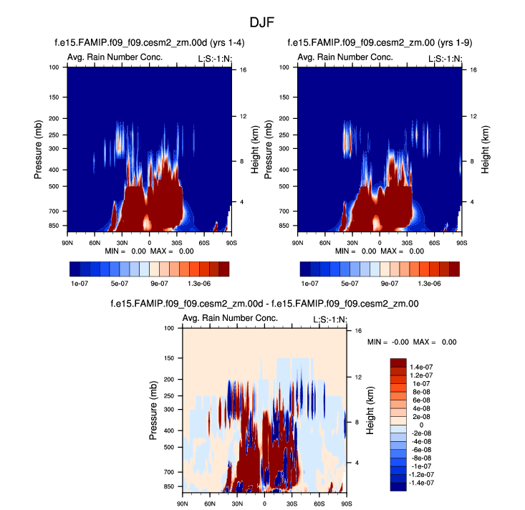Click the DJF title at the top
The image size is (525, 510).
pyautogui.click(x=262, y=23)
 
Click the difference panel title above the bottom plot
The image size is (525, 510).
pyautogui.click(x=264, y=304)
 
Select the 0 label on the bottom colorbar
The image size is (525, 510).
pyautogui.click(x=420, y=424)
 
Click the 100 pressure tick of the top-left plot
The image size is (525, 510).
pyautogui.click(x=53, y=67)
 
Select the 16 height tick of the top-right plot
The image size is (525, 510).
pyautogui.click(x=473, y=70)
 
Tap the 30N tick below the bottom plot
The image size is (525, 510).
pyautogui.click(x=237, y=504)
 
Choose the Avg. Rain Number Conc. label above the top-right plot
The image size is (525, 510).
pyautogui.click(x=345, y=57)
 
